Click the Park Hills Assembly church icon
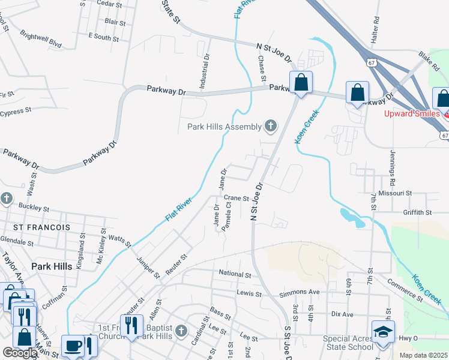[271, 126]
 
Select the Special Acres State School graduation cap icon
[382, 331]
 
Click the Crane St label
[236, 197]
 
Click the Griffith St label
[418, 212]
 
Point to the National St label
[235, 274]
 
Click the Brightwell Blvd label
[41, 38]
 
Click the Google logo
[20, 353]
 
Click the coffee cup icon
[73, 346]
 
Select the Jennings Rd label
[393, 167]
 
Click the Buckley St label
[34, 208]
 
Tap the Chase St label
[262, 67]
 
